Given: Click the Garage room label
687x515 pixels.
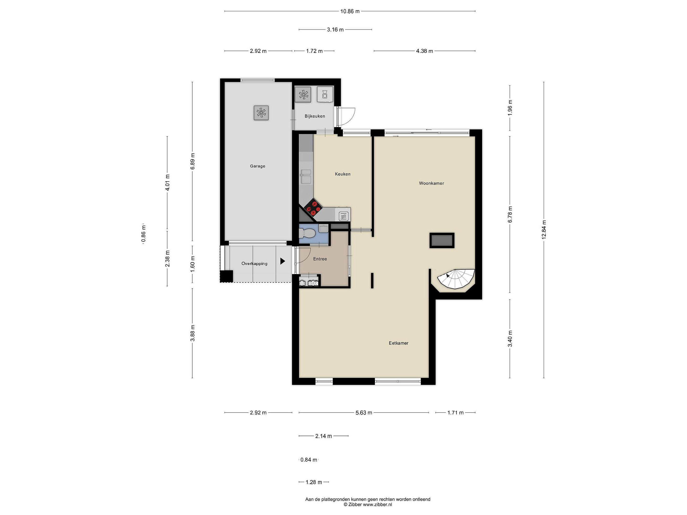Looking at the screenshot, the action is coord(257,166).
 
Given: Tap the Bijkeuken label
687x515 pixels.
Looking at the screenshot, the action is coord(315,116).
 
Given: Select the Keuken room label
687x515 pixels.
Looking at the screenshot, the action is coord(343,174).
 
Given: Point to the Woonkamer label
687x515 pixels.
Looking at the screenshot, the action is coord(431,183).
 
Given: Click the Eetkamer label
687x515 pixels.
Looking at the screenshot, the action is coord(398,343).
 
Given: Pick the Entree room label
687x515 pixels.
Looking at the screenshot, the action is coord(320,259).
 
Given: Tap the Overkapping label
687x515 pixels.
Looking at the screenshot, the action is coord(254,263).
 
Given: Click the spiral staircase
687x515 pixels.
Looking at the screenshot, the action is coord(456,279).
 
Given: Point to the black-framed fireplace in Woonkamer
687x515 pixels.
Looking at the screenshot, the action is coord(442,240).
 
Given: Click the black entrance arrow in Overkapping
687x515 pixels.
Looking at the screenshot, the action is coord(283,261).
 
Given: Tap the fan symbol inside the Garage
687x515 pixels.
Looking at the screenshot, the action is coord(261,113).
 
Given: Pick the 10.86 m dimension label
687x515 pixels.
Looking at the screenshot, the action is coord(350,11).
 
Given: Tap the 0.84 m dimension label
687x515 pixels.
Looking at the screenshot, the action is coord(309,460).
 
